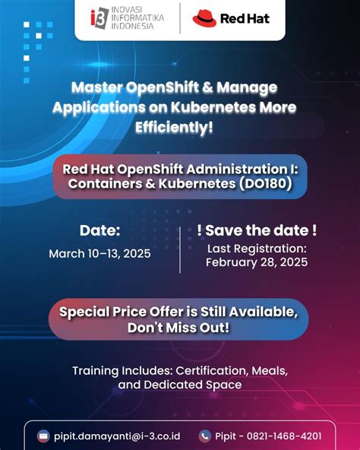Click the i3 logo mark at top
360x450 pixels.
point(98,17)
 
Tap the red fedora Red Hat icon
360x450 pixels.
point(204,17)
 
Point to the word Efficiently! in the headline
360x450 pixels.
point(175,126)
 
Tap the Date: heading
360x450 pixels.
point(99,230)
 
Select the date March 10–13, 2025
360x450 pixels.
point(99,253)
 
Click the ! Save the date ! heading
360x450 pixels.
point(257,230)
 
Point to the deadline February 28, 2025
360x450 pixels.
point(257,262)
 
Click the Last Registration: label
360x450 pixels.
point(257,248)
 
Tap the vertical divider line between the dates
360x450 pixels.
point(180,249)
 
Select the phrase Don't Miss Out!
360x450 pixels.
point(179,328)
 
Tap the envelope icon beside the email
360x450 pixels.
point(44,436)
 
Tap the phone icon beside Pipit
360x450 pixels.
point(205,436)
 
